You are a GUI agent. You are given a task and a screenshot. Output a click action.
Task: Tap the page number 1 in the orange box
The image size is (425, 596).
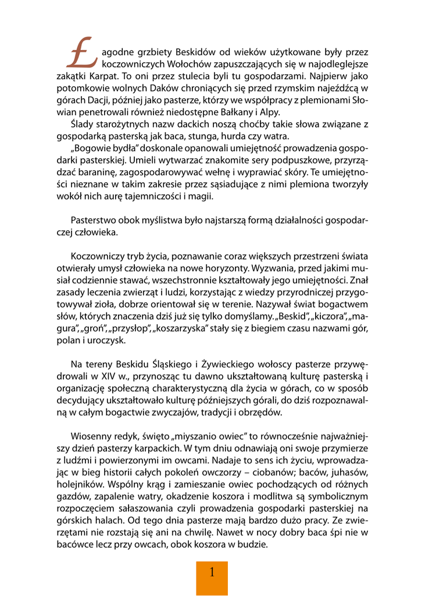(x=212, y=572)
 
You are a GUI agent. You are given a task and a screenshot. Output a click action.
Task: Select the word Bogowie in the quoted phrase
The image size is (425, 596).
(x=93, y=148)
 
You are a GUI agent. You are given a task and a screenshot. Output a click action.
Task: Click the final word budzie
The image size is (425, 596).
(x=252, y=545)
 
